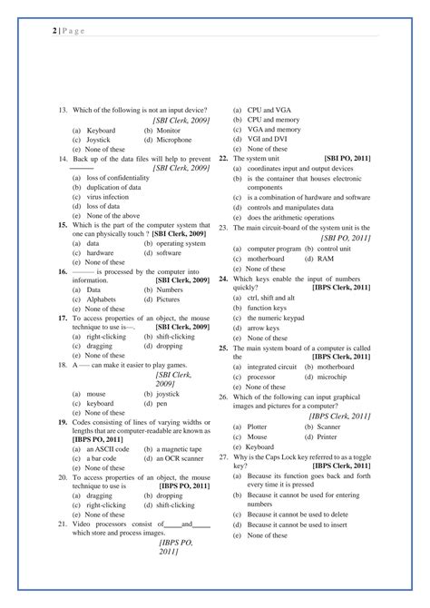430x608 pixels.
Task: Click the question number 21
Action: [62, 524]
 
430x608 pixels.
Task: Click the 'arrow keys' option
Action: [268, 327]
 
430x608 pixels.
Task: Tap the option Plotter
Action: [258, 426]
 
